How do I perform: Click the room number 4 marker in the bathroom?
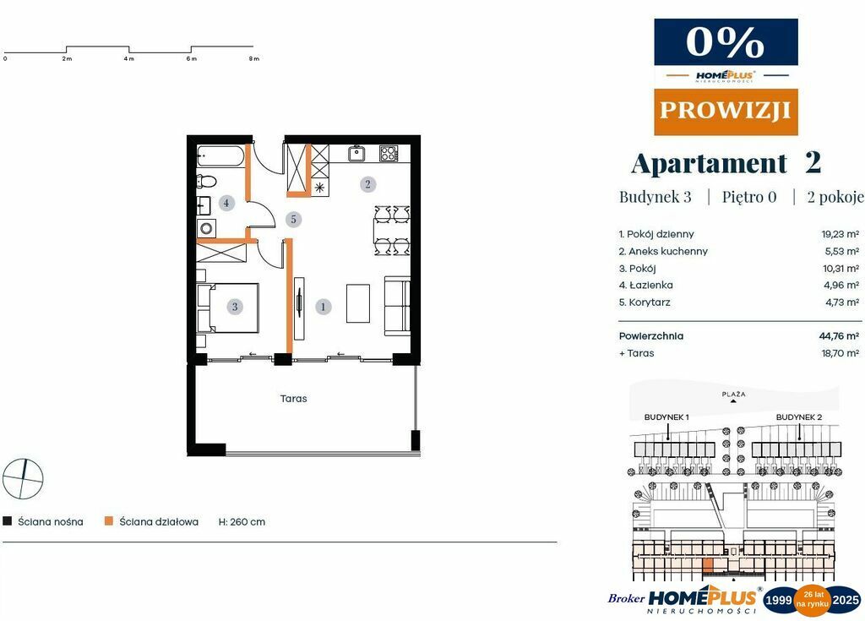pyautogui.click(x=226, y=203)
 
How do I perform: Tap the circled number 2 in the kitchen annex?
pyautogui.click(x=368, y=184)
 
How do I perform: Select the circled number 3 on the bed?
pyautogui.click(x=235, y=307)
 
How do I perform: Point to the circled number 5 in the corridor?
pyautogui.click(x=293, y=219)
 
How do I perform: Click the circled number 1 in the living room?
pyautogui.click(x=324, y=307)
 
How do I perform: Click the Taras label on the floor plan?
pyautogui.click(x=293, y=399)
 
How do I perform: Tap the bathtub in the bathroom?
pyautogui.click(x=220, y=156)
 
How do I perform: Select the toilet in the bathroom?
pyautogui.click(x=206, y=181)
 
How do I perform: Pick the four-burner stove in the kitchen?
pyautogui.click(x=389, y=153)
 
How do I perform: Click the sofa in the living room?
pyautogui.click(x=397, y=305)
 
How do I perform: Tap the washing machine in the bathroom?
pyautogui.click(x=206, y=228)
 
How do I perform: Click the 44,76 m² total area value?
pyautogui.click(x=839, y=335)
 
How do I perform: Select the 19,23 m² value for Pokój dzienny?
pyautogui.click(x=841, y=234)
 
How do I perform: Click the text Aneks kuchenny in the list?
pyautogui.click(x=668, y=251)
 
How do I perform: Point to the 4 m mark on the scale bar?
pyautogui.click(x=128, y=58)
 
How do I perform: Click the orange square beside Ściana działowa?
pyautogui.click(x=109, y=520)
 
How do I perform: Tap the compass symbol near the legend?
pyautogui.click(x=23, y=478)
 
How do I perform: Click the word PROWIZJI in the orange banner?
pyautogui.click(x=726, y=111)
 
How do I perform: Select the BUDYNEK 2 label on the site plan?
pyautogui.click(x=799, y=417)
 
